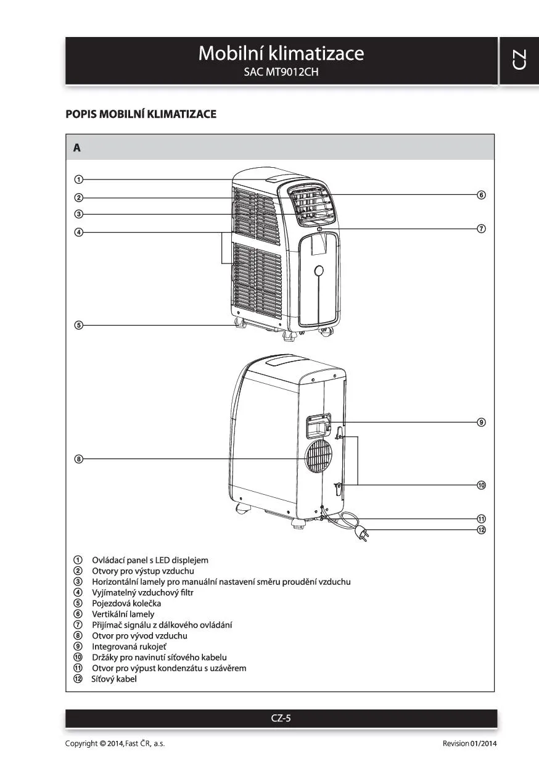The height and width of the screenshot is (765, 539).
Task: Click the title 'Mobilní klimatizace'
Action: pyautogui.click(x=281, y=54)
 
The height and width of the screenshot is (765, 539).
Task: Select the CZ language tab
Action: pyautogui.click(x=519, y=60)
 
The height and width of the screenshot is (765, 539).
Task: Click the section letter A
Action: pyautogui.click(x=77, y=148)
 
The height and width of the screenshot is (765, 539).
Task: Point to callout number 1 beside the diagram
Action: pyautogui.click(x=79, y=180)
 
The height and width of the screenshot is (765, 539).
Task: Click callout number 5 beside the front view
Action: pyautogui.click(x=79, y=325)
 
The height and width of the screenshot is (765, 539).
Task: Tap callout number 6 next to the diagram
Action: pyautogui.click(x=482, y=195)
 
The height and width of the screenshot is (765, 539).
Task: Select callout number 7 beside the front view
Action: pyautogui.click(x=482, y=229)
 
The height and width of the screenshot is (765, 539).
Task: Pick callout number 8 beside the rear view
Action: pyautogui.click(x=79, y=458)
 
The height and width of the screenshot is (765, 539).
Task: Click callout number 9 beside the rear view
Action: pyautogui.click(x=482, y=423)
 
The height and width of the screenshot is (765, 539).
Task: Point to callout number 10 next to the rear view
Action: pyautogui.click(x=482, y=485)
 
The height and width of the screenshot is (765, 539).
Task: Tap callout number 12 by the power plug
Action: pyautogui.click(x=482, y=530)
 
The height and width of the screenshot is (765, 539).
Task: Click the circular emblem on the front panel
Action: pyautogui.click(x=319, y=270)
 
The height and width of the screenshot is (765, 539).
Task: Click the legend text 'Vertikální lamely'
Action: pyautogui.click(x=123, y=614)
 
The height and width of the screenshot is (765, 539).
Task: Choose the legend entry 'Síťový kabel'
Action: pyautogui.click(x=113, y=679)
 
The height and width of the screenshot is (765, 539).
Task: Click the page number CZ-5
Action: pyautogui.click(x=281, y=718)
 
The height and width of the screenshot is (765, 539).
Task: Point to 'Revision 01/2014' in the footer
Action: pyautogui.click(x=469, y=743)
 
